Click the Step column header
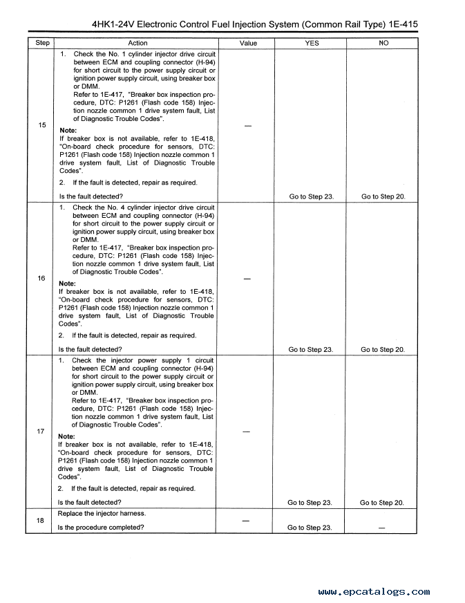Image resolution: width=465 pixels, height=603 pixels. [x=42, y=43]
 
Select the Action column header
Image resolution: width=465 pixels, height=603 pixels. [x=138, y=43]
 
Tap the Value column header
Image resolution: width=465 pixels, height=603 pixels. [x=248, y=43]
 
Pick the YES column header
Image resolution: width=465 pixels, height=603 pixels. [x=312, y=43]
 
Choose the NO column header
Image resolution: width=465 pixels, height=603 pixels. [x=384, y=43]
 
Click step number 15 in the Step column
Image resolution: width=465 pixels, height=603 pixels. [x=42, y=125]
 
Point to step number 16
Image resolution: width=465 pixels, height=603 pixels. [x=41, y=278]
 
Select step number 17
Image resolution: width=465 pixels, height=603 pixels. [x=41, y=432]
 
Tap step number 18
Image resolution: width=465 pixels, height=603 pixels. [x=41, y=521]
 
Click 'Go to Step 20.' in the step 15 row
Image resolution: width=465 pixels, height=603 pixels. [x=383, y=197]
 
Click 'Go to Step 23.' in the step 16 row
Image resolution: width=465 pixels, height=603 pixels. [x=311, y=350]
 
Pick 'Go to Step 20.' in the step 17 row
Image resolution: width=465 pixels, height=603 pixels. [x=382, y=503]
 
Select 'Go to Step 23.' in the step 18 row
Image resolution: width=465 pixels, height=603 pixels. [x=310, y=528]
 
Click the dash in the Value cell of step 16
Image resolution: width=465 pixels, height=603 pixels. [x=248, y=279]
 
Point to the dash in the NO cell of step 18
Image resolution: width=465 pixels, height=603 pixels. [x=382, y=528]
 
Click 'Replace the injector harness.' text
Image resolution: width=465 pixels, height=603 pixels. [x=102, y=514]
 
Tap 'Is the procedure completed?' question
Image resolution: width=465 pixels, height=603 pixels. [x=101, y=528]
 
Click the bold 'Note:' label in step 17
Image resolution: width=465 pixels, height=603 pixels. [x=66, y=436]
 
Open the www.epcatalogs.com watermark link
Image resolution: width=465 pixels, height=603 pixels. [x=374, y=592]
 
